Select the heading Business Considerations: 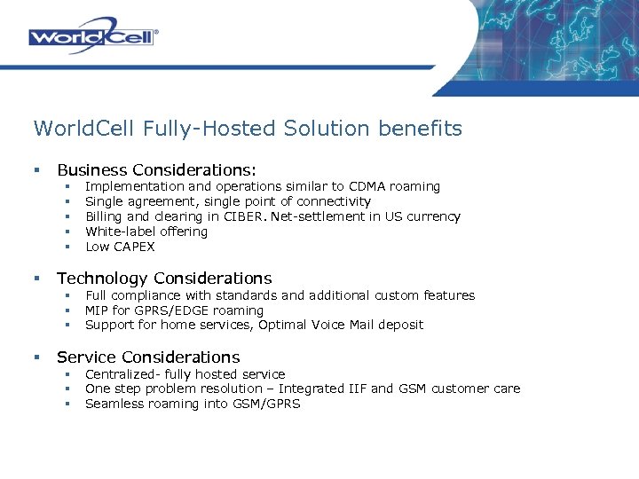156,169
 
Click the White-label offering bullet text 146,232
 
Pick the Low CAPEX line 120,247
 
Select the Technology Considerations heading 164,279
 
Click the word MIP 97,310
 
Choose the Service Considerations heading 148,357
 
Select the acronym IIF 381,389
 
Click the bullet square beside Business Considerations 37,169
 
